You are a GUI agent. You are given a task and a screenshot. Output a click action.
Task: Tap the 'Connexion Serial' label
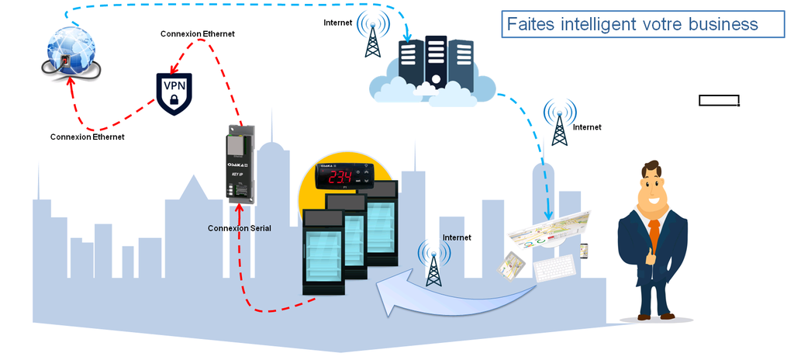pos(239,228)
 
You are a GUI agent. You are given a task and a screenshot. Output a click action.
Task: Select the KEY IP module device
pos(239,164)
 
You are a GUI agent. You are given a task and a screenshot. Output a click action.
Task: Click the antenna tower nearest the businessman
pos(559,123)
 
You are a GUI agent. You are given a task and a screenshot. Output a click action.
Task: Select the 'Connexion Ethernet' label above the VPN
pos(197,34)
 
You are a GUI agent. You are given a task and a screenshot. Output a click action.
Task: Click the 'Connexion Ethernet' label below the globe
pos(87,137)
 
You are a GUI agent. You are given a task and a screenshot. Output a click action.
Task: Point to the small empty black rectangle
pos(719,100)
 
